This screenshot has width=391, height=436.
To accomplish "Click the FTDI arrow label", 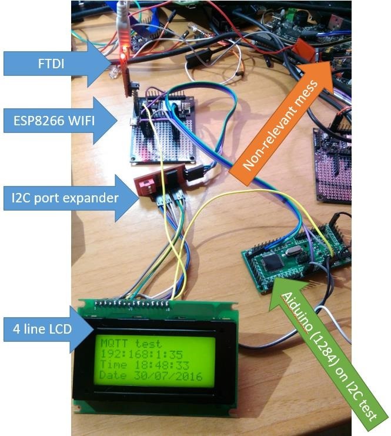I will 53,63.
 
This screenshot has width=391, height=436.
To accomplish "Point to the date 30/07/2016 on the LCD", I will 150,376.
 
